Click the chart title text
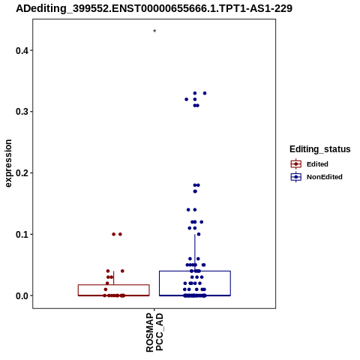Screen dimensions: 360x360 [154, 8]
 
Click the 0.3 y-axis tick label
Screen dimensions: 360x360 [21, 112]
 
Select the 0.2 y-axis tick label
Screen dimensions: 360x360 [21, 172]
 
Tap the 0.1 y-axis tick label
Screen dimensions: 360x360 [21, 234]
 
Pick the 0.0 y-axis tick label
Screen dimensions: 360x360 [21, 295]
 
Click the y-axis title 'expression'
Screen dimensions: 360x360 [8, 163]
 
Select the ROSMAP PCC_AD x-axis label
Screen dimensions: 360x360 [154, 332]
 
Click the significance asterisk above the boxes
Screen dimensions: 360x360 [154, 31]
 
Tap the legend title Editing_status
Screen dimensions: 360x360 [320, 149]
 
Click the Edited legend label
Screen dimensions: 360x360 [317, 164]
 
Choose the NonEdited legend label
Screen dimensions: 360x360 [325, 177]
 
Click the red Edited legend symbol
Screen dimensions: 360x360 [296, 164]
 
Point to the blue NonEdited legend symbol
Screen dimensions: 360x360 [296, 177]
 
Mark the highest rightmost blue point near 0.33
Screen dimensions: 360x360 [205, 93]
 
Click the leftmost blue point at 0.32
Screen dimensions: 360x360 [186, 100]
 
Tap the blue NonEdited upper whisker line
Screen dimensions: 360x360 [195, 253]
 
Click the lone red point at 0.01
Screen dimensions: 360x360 [106, 289]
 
